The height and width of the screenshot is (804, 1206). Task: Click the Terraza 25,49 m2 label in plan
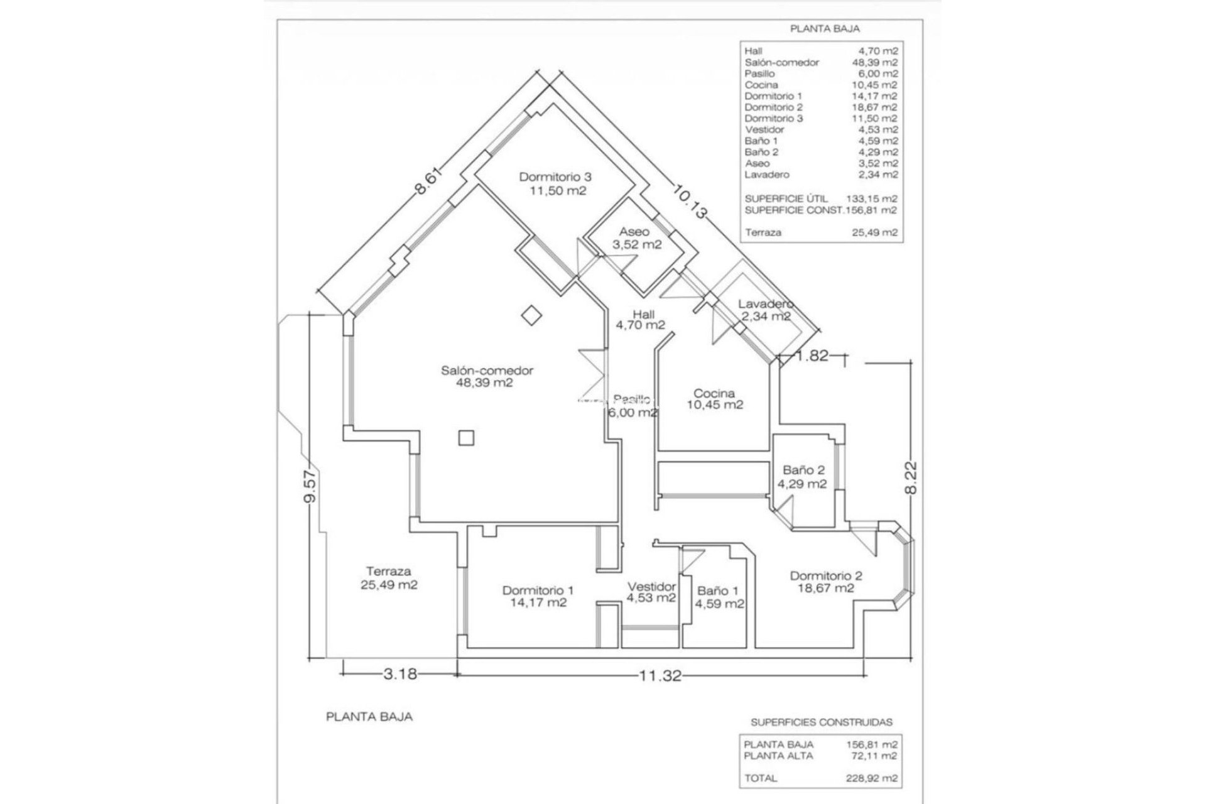(388, 578)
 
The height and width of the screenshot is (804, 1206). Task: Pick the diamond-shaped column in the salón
(532, 315)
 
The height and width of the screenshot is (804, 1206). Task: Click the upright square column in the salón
(465, 437)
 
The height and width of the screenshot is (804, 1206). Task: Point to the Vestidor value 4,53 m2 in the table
(877, 129)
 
